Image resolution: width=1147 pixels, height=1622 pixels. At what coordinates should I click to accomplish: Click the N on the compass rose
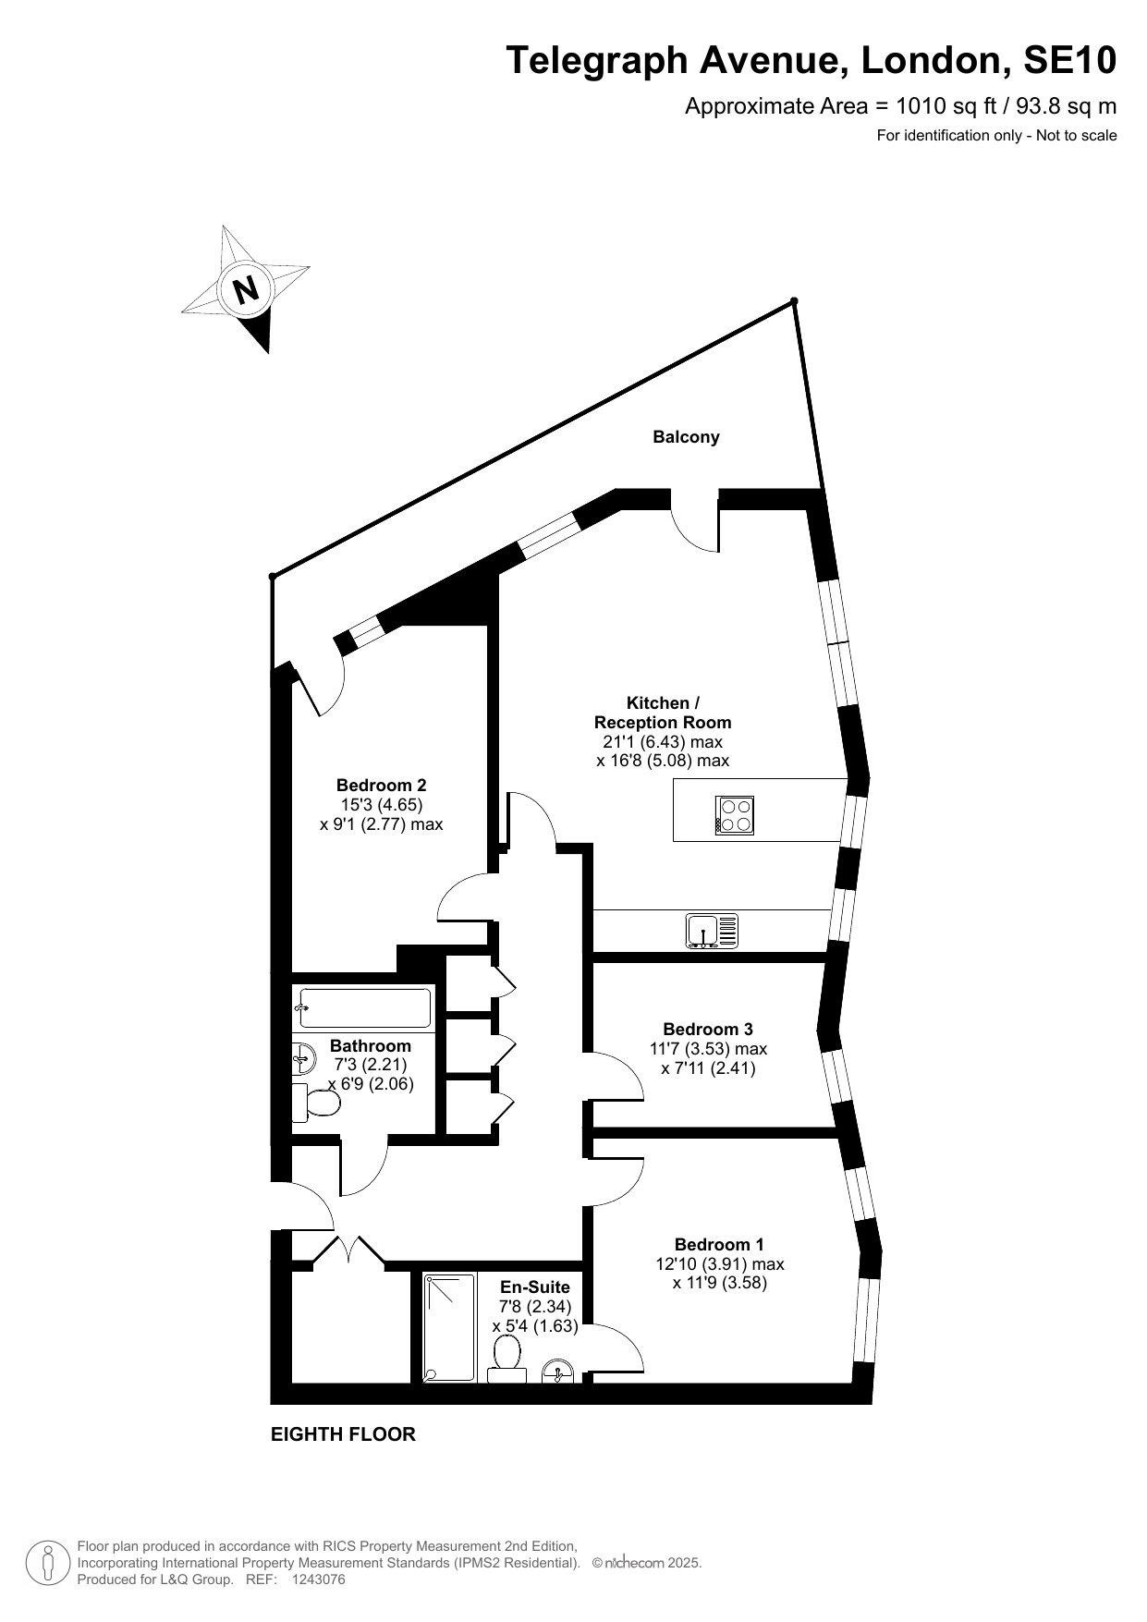point(246,290)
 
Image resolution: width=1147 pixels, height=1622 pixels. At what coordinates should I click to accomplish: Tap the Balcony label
point(686,437)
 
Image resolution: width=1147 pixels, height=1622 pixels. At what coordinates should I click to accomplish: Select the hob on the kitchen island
point(735,815)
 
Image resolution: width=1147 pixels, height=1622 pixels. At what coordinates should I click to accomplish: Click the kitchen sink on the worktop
point(713,931)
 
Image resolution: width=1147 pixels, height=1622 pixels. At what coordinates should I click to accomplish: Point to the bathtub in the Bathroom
point(363,1008)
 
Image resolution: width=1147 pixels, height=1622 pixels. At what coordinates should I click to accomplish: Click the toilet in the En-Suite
point(506,1360)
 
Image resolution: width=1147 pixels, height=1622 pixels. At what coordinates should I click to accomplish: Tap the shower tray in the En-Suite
point(449,1328)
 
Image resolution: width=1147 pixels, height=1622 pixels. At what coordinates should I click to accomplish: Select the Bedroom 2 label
point(381,786)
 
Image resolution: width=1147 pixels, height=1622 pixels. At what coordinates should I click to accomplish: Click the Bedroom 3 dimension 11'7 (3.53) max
point(708,1049)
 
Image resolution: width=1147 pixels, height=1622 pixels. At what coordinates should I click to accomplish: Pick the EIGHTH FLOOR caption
point(343,1434)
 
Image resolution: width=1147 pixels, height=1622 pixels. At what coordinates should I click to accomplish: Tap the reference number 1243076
point(318,1579)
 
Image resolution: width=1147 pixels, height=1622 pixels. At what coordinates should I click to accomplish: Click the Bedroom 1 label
point(719,1244)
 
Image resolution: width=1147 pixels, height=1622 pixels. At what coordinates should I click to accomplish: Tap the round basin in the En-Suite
point(557,1371)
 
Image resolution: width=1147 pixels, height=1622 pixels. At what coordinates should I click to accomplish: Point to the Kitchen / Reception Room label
point(663,713)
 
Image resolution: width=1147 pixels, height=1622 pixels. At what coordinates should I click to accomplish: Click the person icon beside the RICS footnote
point(47,1563)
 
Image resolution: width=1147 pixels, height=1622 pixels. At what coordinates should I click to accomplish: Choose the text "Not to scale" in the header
point(1077,136)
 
